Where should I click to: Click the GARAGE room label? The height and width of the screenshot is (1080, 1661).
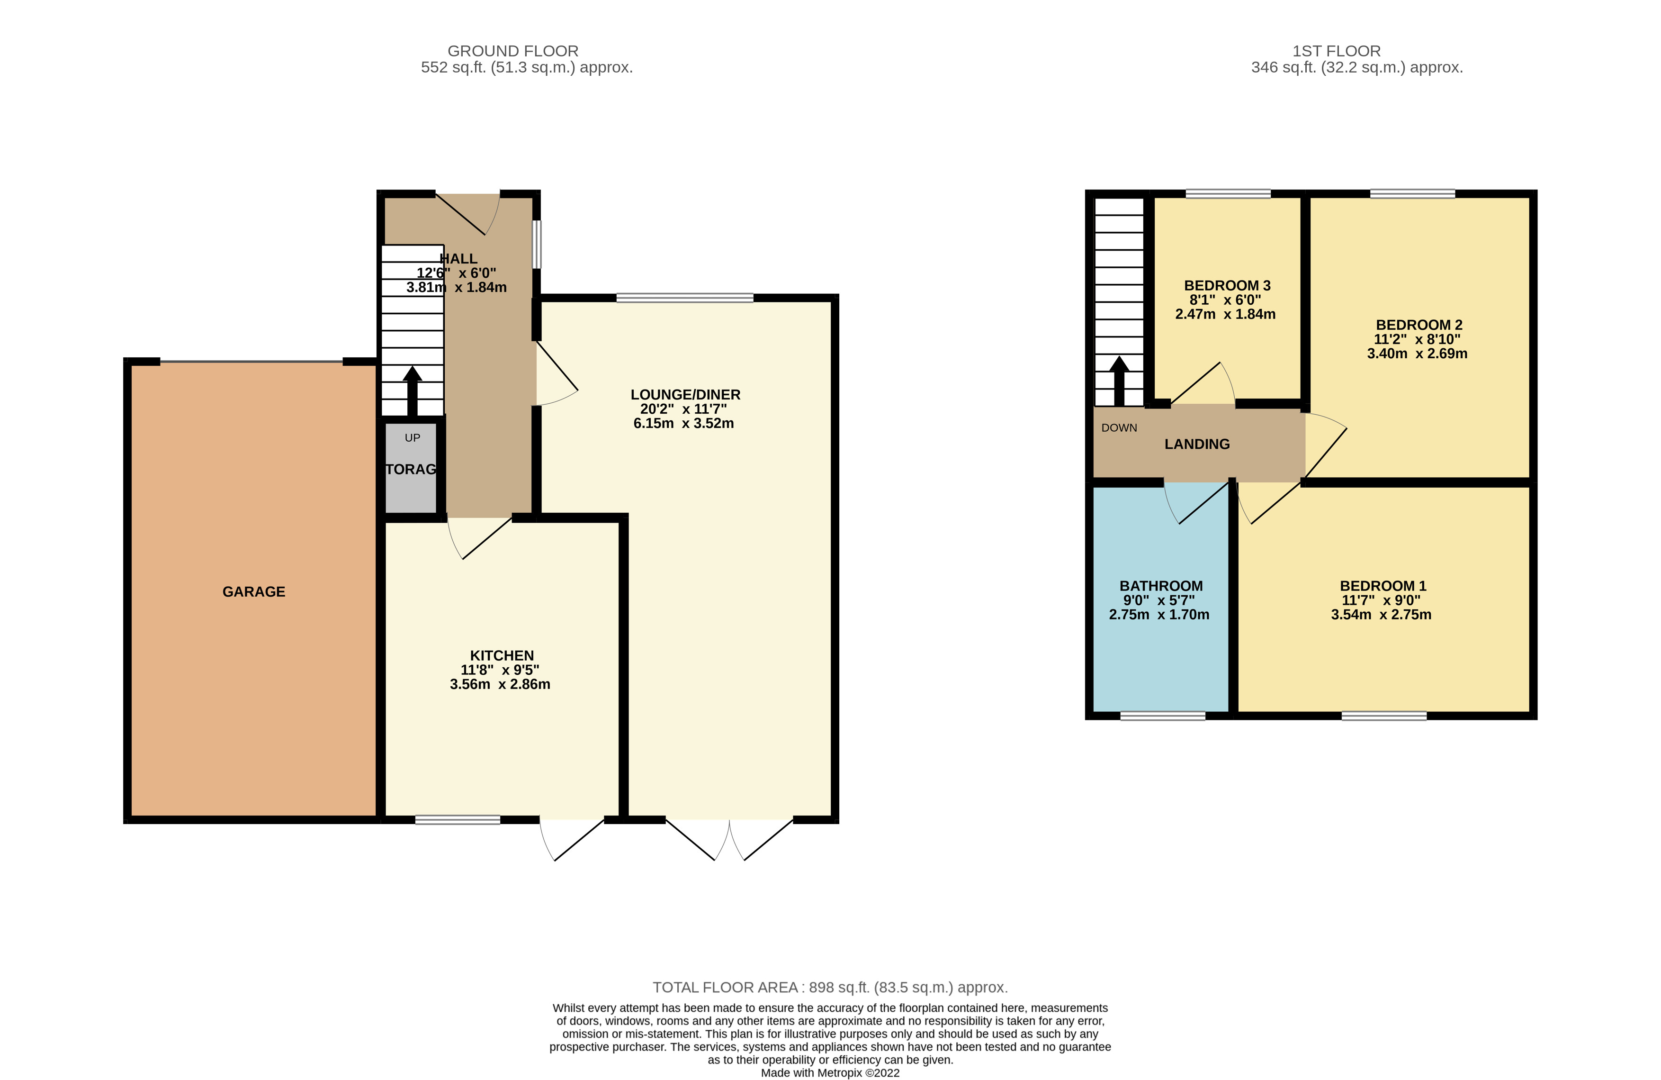[253, 592]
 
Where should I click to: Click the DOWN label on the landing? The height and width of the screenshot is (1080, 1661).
[1119, 428]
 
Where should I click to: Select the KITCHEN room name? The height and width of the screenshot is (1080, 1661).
[502, 655]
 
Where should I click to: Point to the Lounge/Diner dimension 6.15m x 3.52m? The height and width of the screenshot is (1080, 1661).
[683, 424]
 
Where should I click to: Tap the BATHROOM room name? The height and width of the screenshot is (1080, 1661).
[1160, 586]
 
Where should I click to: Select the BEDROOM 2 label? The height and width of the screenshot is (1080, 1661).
[1419, 325]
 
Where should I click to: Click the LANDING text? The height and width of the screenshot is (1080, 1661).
[1197, 444]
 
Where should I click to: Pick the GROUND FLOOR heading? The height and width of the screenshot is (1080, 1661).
[513, 51]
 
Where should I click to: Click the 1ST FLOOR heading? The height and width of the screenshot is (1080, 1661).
[1336, 51]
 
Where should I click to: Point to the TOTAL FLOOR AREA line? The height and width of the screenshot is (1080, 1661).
[830, 987]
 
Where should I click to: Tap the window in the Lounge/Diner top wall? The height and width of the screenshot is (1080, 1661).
[685, 298]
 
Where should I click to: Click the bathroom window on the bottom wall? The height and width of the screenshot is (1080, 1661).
[1163, 716]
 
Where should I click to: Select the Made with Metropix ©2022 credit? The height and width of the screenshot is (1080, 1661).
[830, 1073]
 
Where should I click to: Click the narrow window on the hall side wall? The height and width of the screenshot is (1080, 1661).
[537, 245]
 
